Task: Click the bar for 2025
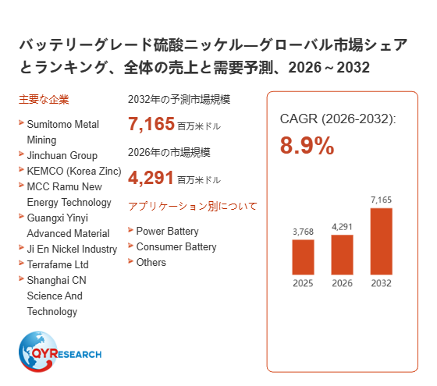[x=303, y=257]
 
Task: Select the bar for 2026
[x=342, y=255]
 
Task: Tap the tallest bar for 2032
[x=382, y=242]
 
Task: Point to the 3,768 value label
[x=303, y=232]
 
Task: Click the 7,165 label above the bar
[x=381, y=200]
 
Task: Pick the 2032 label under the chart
[x=382, y=283]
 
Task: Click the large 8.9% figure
[x=307, y=145]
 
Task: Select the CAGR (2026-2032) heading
[x=338, y=119]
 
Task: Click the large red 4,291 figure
[x=151, y=178]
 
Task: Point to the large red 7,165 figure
[x=151, y=124]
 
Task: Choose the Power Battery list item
[x=167, y=231]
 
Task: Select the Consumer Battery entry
[x=176, y=246]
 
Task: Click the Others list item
[x=151, y=262]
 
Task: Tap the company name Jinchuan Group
[x=62, y=155]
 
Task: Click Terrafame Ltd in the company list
[x=58, y=264]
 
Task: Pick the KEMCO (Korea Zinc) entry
[x=74, y=171]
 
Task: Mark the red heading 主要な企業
[x=44, y=100]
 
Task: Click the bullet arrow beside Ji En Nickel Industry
[x=21, y=247]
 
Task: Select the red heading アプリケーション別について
[x=193, y=207]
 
